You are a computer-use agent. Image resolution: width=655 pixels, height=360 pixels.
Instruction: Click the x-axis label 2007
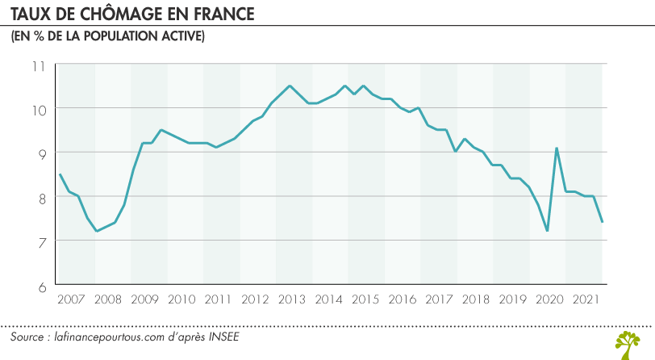(x=71, y=299)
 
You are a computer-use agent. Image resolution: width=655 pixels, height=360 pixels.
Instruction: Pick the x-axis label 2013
(x=291, y=299)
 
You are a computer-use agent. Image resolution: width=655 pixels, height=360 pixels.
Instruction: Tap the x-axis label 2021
(x=584, y=299)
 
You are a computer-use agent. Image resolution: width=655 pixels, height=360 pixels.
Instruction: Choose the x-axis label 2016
(x=402, y=299)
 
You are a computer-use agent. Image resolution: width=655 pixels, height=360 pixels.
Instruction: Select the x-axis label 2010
(x=181, y=299)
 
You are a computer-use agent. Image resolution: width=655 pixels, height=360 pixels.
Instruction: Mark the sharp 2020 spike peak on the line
(x=557, y=148)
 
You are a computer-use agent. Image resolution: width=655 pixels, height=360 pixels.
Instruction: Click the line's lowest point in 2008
(x=97, y=232)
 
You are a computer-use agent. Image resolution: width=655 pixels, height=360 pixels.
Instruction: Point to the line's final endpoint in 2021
(x=603, y=222)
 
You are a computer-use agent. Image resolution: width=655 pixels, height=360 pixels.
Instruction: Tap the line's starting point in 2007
(x=60, y=174)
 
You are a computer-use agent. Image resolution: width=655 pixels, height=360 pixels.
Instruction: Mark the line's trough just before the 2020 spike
(x=547, y=231)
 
